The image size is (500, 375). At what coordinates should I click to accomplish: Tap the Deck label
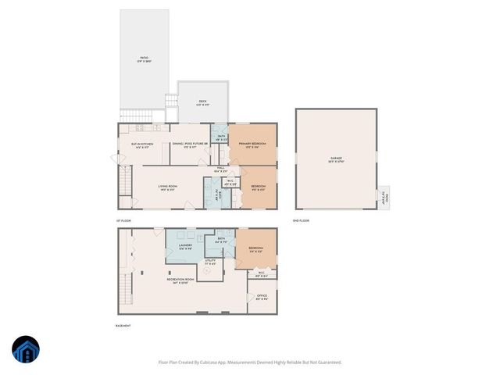pos(202,101)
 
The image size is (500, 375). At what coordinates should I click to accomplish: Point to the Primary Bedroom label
pos(252,145)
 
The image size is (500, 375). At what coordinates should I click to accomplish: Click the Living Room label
pos(167,186)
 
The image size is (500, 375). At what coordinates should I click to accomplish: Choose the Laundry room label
pos(185,247)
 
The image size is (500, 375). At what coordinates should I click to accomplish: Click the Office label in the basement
pos(262,297)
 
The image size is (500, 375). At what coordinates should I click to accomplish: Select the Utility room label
pos(210,262)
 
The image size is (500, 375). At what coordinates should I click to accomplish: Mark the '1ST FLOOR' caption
pos(123,221)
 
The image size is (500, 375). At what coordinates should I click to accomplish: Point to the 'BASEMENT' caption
pos(123,326)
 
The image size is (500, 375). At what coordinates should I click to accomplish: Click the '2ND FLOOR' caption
pos(302,221)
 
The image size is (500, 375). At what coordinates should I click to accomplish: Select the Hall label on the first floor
pos(220,170)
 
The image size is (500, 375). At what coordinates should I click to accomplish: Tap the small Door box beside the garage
pos(384,196)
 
